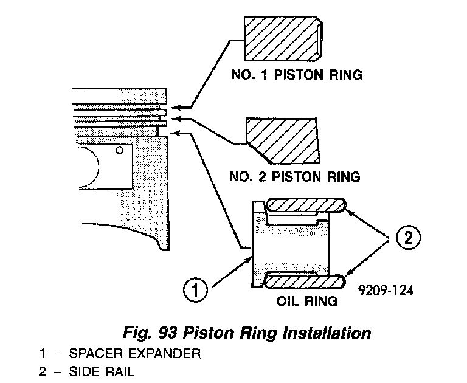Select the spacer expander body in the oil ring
tap(292, 243)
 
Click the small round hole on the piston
tap(121, 149)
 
